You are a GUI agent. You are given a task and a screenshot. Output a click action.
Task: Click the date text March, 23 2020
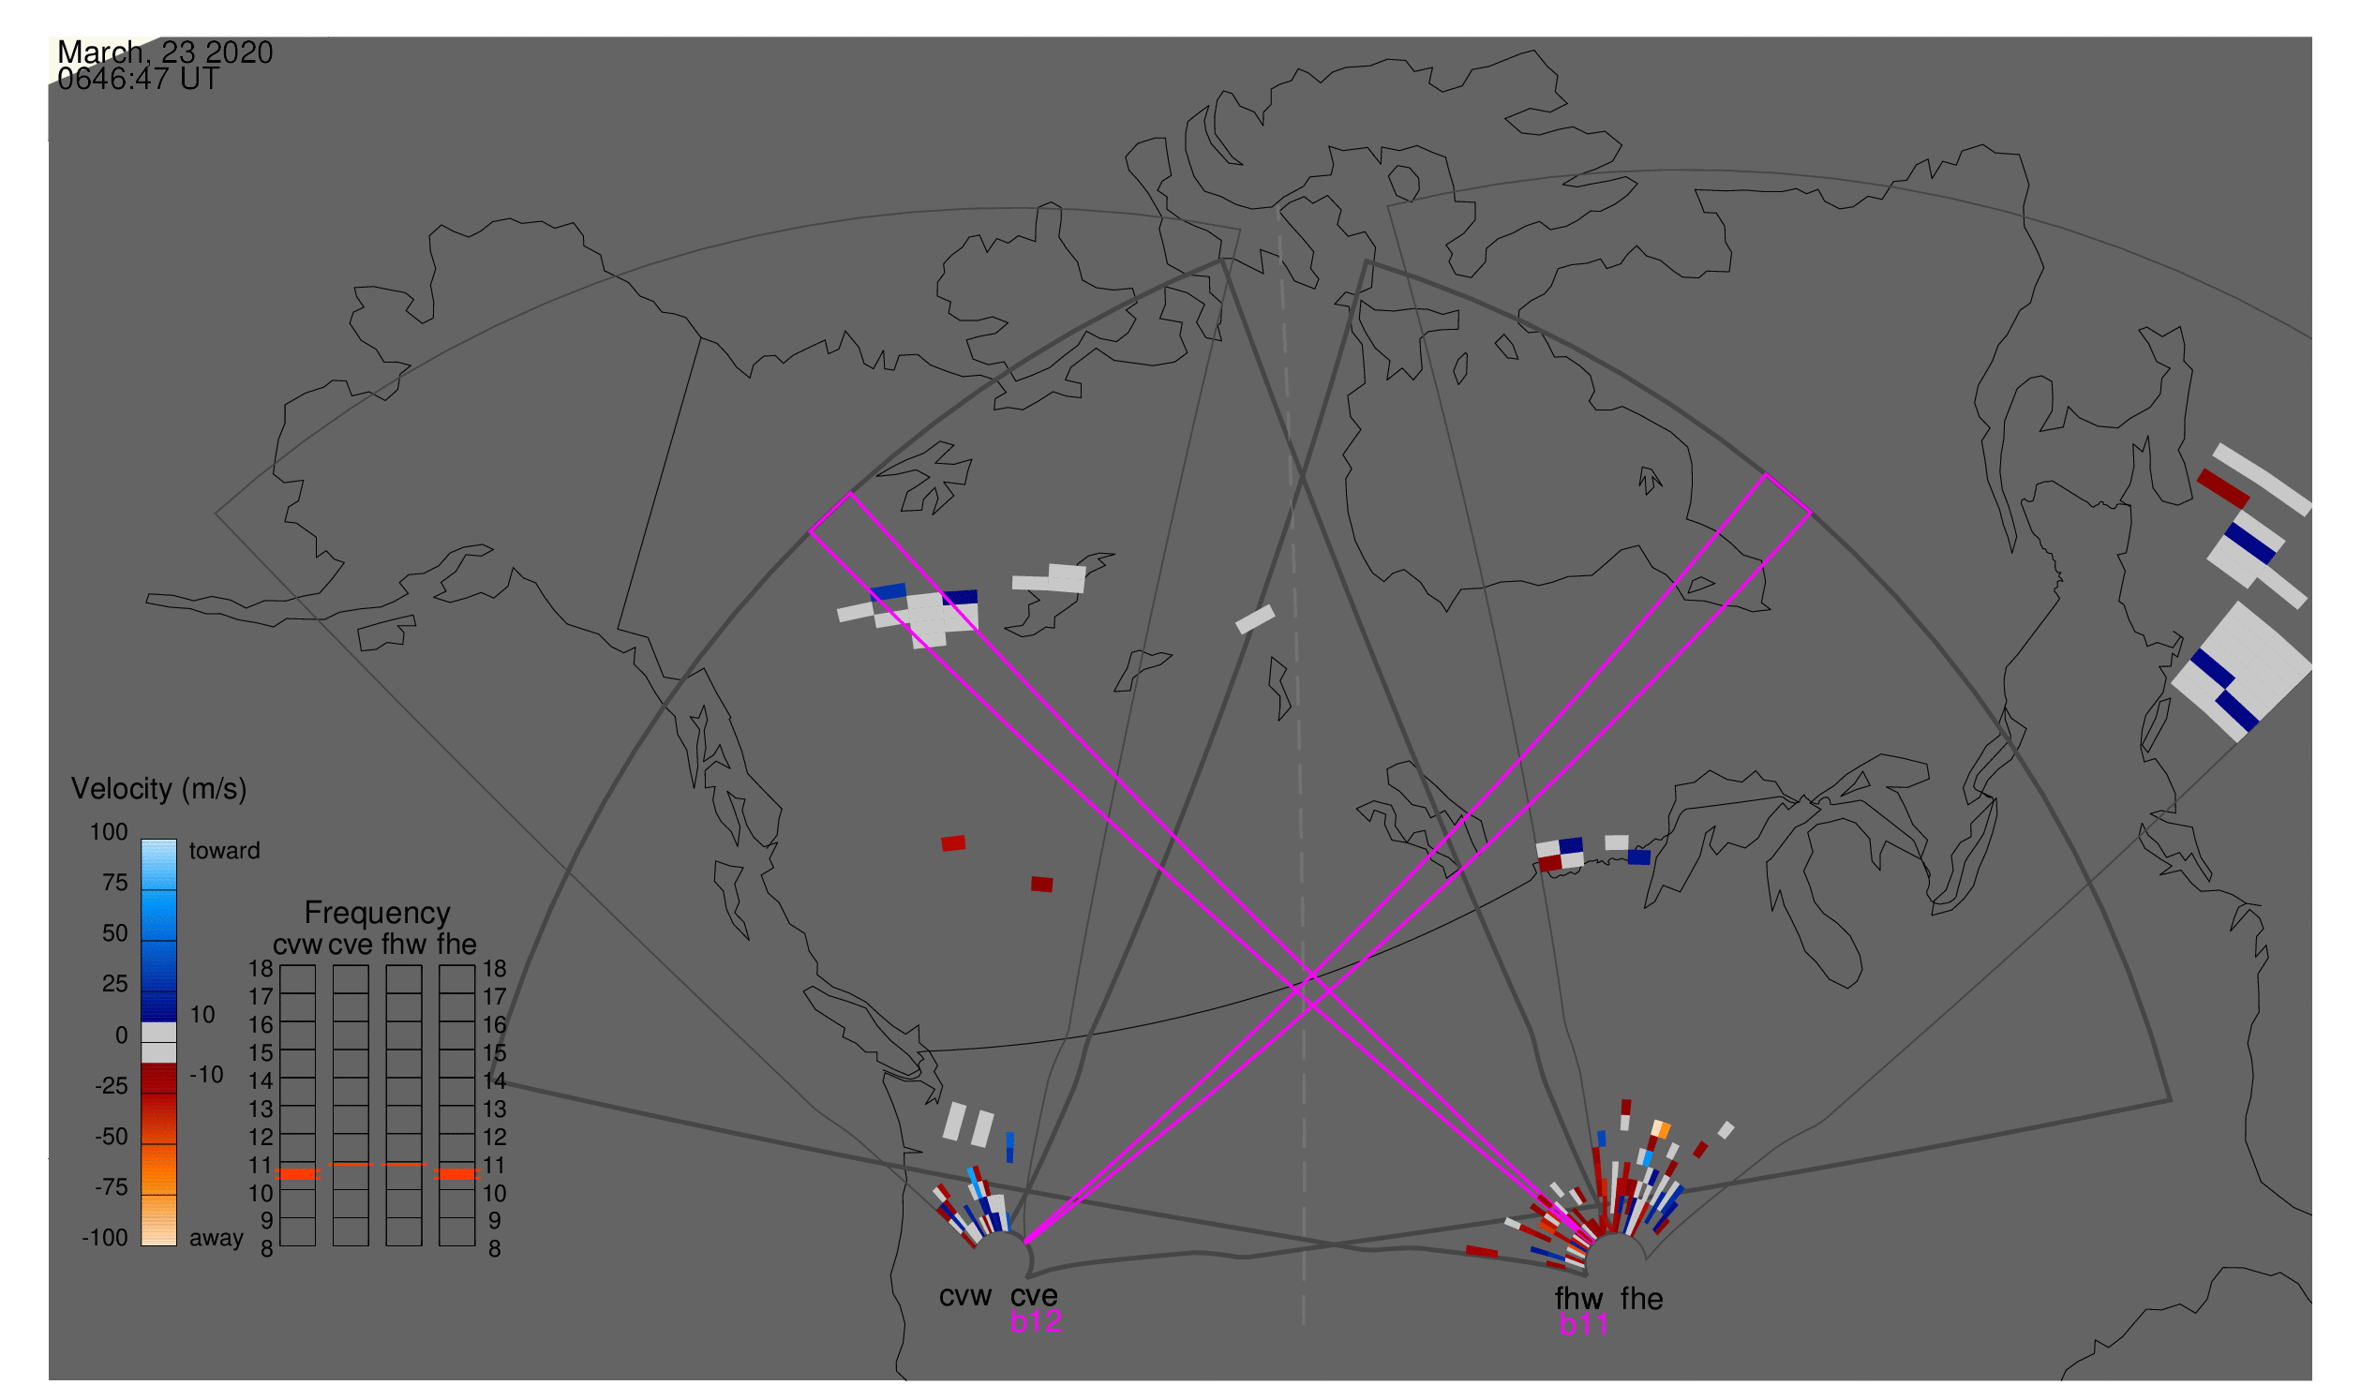pos(165,52)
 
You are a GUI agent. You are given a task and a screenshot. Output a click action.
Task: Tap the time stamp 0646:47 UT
pos(139,80)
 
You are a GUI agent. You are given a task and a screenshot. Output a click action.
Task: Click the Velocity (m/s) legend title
pos(159,790)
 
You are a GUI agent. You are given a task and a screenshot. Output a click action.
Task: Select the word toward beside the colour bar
pos(225,851)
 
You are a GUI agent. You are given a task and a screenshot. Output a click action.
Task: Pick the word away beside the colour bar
pos(217,1239)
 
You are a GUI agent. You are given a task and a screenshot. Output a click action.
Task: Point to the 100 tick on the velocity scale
pos(109,832)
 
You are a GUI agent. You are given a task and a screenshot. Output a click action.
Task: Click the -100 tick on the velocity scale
pos(105,1238)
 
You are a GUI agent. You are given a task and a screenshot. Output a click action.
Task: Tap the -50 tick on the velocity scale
pos(112,1137)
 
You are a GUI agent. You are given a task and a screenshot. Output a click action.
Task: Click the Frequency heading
pos(378,914)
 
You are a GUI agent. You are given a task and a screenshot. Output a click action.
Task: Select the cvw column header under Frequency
pos(298,946)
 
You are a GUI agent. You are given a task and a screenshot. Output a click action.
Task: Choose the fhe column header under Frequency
pos(456,946)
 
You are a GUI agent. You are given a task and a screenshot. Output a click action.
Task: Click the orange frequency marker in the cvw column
pos(298,1174)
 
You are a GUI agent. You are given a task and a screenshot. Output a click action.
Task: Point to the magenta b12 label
pos(1036,1321)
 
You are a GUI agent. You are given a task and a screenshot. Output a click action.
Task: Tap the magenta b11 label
pos(1583,1325)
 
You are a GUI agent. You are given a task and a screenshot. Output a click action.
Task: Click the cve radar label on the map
pos(1034,1296)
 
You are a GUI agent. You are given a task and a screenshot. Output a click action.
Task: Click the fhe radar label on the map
pos(1642,1300)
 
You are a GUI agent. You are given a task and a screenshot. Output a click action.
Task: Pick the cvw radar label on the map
pos(965,1297)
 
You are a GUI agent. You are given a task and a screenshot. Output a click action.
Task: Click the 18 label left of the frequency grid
pos(262,969)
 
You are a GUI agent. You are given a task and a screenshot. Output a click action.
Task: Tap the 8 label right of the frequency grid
pos(495,1249)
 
